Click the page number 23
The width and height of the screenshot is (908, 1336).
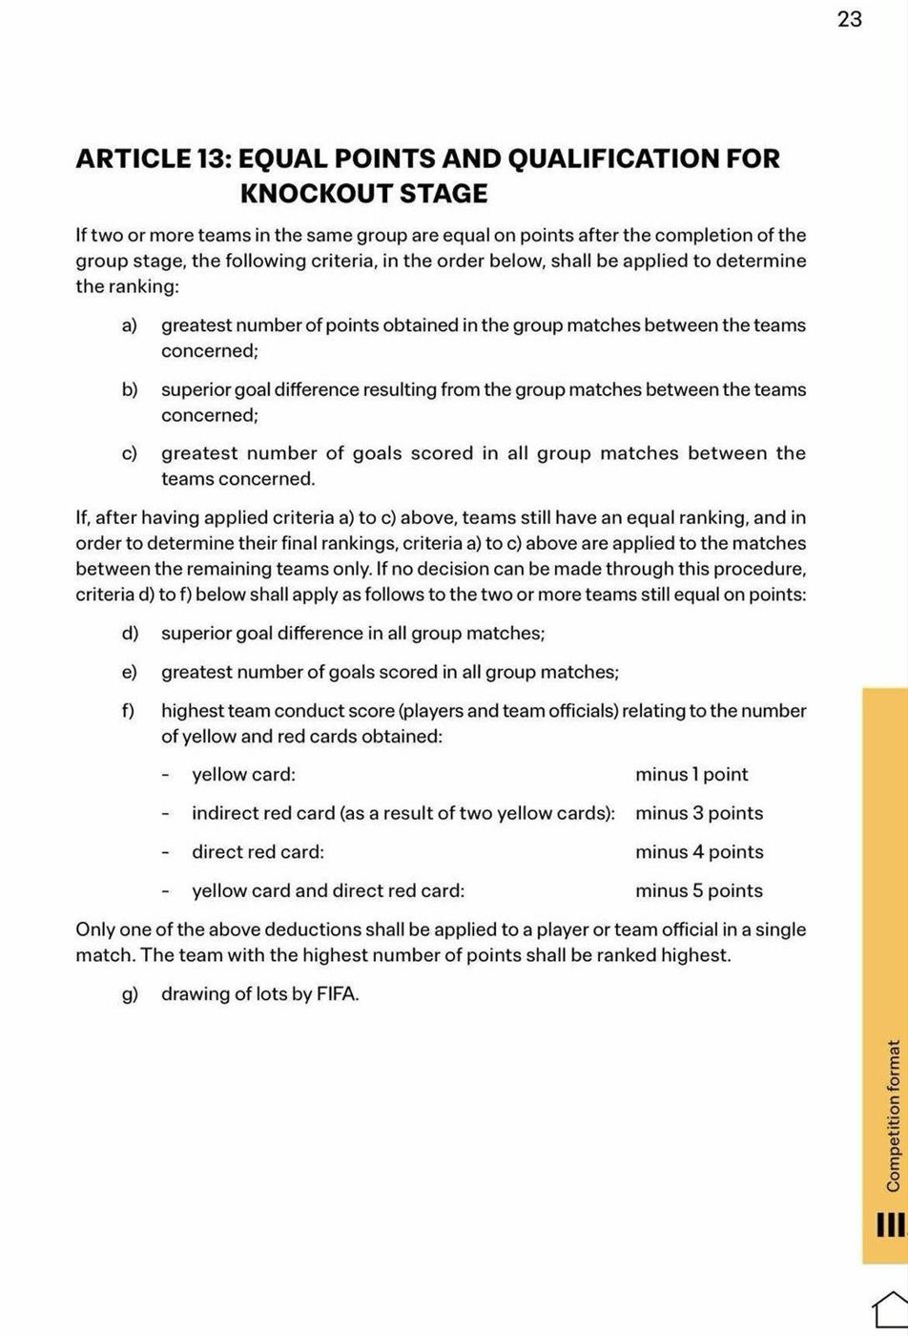click(x=850, y=20)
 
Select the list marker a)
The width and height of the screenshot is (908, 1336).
click(x=130, y=325)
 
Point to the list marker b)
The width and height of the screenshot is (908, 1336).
click(x=130, y=390)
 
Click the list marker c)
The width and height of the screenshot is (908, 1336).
click(x=130, y=453)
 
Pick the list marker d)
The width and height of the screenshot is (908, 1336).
click(x=130, y=634)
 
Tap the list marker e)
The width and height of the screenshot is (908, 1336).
click(x=130, y=673)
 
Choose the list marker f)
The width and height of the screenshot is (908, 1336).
click(x=128, y=711)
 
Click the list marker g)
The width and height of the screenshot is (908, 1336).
click(x=130, y=994)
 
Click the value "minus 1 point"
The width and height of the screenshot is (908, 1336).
click(x=691, y=775)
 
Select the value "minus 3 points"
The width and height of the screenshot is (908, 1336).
click(x=699, y=814)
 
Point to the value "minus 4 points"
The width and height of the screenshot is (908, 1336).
click(x=699, y=852)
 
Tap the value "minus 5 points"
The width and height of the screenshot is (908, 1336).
click(x=699, y=891)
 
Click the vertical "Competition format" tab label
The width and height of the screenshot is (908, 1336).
click(x=893, y=1115)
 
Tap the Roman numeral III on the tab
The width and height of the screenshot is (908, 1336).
click(x=890, y=1224)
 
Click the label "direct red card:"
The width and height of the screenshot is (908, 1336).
click(x=258, y=852)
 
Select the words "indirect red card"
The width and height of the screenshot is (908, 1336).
click(x=264, y=814)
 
